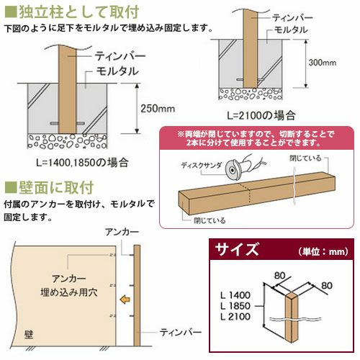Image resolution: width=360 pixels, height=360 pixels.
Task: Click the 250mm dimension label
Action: click(158, 109)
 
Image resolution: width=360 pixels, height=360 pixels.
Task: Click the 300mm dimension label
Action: click(322, 63)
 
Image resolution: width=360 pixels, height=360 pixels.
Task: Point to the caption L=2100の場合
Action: click(261, 116)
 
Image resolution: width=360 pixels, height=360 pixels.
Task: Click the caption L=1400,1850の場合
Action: click(82, 163)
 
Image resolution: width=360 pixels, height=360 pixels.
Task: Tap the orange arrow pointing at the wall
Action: click(125, 300)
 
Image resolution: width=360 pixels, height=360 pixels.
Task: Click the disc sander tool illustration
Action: click(243, 167)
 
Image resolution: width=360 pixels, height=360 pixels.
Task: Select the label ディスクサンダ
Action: click(202, 166)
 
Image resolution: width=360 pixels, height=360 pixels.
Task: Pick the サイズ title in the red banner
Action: click(237, 249)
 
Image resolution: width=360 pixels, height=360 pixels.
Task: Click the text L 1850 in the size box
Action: click(235, 306)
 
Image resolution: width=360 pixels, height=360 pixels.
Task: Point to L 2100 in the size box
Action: click(235, 317)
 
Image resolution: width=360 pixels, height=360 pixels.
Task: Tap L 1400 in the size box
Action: click(235, 295)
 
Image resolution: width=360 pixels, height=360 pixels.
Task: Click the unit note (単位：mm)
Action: click(323, 251)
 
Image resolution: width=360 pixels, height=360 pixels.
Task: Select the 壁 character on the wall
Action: click(29, 335)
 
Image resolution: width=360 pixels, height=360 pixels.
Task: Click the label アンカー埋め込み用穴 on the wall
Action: click(69, 286)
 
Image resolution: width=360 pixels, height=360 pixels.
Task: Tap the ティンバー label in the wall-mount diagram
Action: click(181, 333)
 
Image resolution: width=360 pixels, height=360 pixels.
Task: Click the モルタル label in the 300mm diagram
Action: click(291, 30)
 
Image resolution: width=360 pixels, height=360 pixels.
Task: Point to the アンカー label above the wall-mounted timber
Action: click(122, 232)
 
